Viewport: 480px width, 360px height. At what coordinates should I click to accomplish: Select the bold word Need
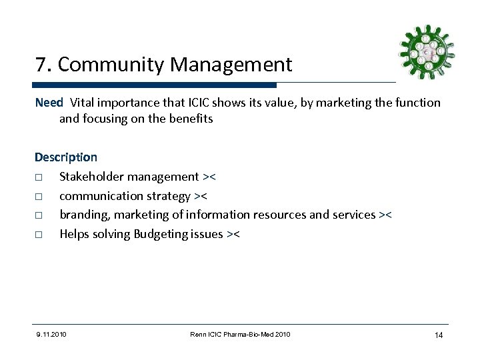point(49,103)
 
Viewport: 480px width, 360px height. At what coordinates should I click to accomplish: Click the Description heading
point(66,158)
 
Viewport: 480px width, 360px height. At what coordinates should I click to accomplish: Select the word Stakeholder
point(92,177)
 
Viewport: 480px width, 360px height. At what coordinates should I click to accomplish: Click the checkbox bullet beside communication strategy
point(39,197)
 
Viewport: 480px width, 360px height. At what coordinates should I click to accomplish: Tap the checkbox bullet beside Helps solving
point(39,235)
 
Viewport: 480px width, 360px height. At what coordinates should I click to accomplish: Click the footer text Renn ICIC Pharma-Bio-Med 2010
point(239,333)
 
